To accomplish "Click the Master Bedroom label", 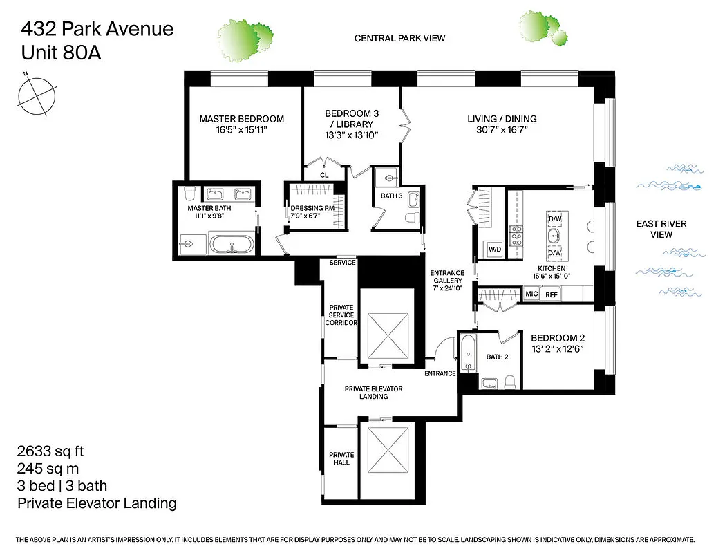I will [x=241, y=119].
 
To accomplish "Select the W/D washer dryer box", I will [x=495, y=249].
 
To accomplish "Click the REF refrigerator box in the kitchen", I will [x=552, y=294].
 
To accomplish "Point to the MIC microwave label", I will [x=531, y=294].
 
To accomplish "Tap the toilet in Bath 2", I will [x=510, y=382].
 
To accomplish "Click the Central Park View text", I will [x=399, y=39].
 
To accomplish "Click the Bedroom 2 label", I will [x=558, y=338].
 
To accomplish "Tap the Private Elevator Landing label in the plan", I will [x=373, y=393].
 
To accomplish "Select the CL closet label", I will [x=324, y=175].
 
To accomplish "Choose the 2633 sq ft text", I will [x=50, y=451].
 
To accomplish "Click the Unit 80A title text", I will [x=60, y=52].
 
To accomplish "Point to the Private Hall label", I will [x=341, y=458].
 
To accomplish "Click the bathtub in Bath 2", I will [x=468, y=356].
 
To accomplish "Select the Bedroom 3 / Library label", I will [x=352, y=119].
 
